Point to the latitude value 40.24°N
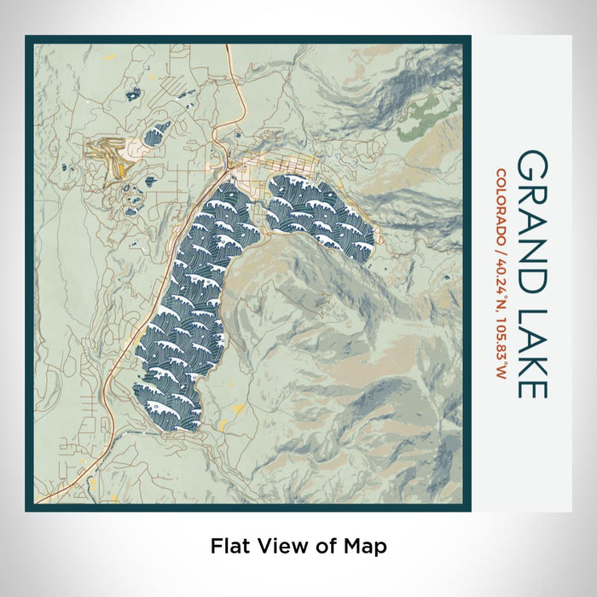[x=501, y=290]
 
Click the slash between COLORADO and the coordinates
[x=501, y=251]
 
